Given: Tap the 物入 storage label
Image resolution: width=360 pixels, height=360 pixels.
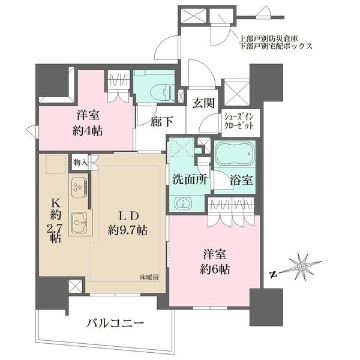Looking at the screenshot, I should (80, 162).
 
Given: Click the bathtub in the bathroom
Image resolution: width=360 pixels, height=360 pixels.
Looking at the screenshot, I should (233, 158).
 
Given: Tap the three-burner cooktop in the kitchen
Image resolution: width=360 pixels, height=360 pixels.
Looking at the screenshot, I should (79, 187).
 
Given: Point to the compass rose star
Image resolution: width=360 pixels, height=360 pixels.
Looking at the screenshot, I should (302, 265).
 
